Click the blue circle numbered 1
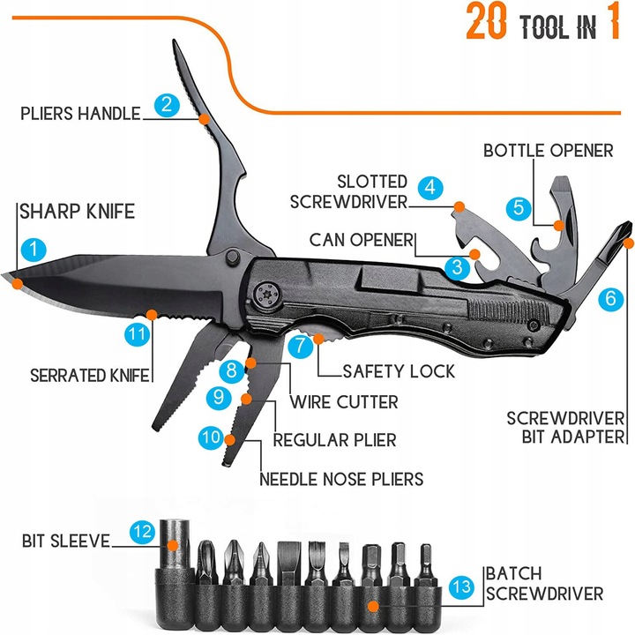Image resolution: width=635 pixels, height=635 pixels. pos(33,249)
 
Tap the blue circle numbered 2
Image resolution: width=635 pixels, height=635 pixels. pos(165,105)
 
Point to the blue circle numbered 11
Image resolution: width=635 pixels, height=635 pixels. pos(135,335)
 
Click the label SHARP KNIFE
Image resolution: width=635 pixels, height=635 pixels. pos(77,212)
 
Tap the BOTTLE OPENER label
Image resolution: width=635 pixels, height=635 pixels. pos(548,150)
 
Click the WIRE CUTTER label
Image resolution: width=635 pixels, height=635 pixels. pos(341,402)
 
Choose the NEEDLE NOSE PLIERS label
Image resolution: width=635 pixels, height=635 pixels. pos(341,479)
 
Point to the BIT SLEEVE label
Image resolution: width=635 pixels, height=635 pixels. pos(66,540)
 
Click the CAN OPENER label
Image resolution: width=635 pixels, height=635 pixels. pos(362,240)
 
